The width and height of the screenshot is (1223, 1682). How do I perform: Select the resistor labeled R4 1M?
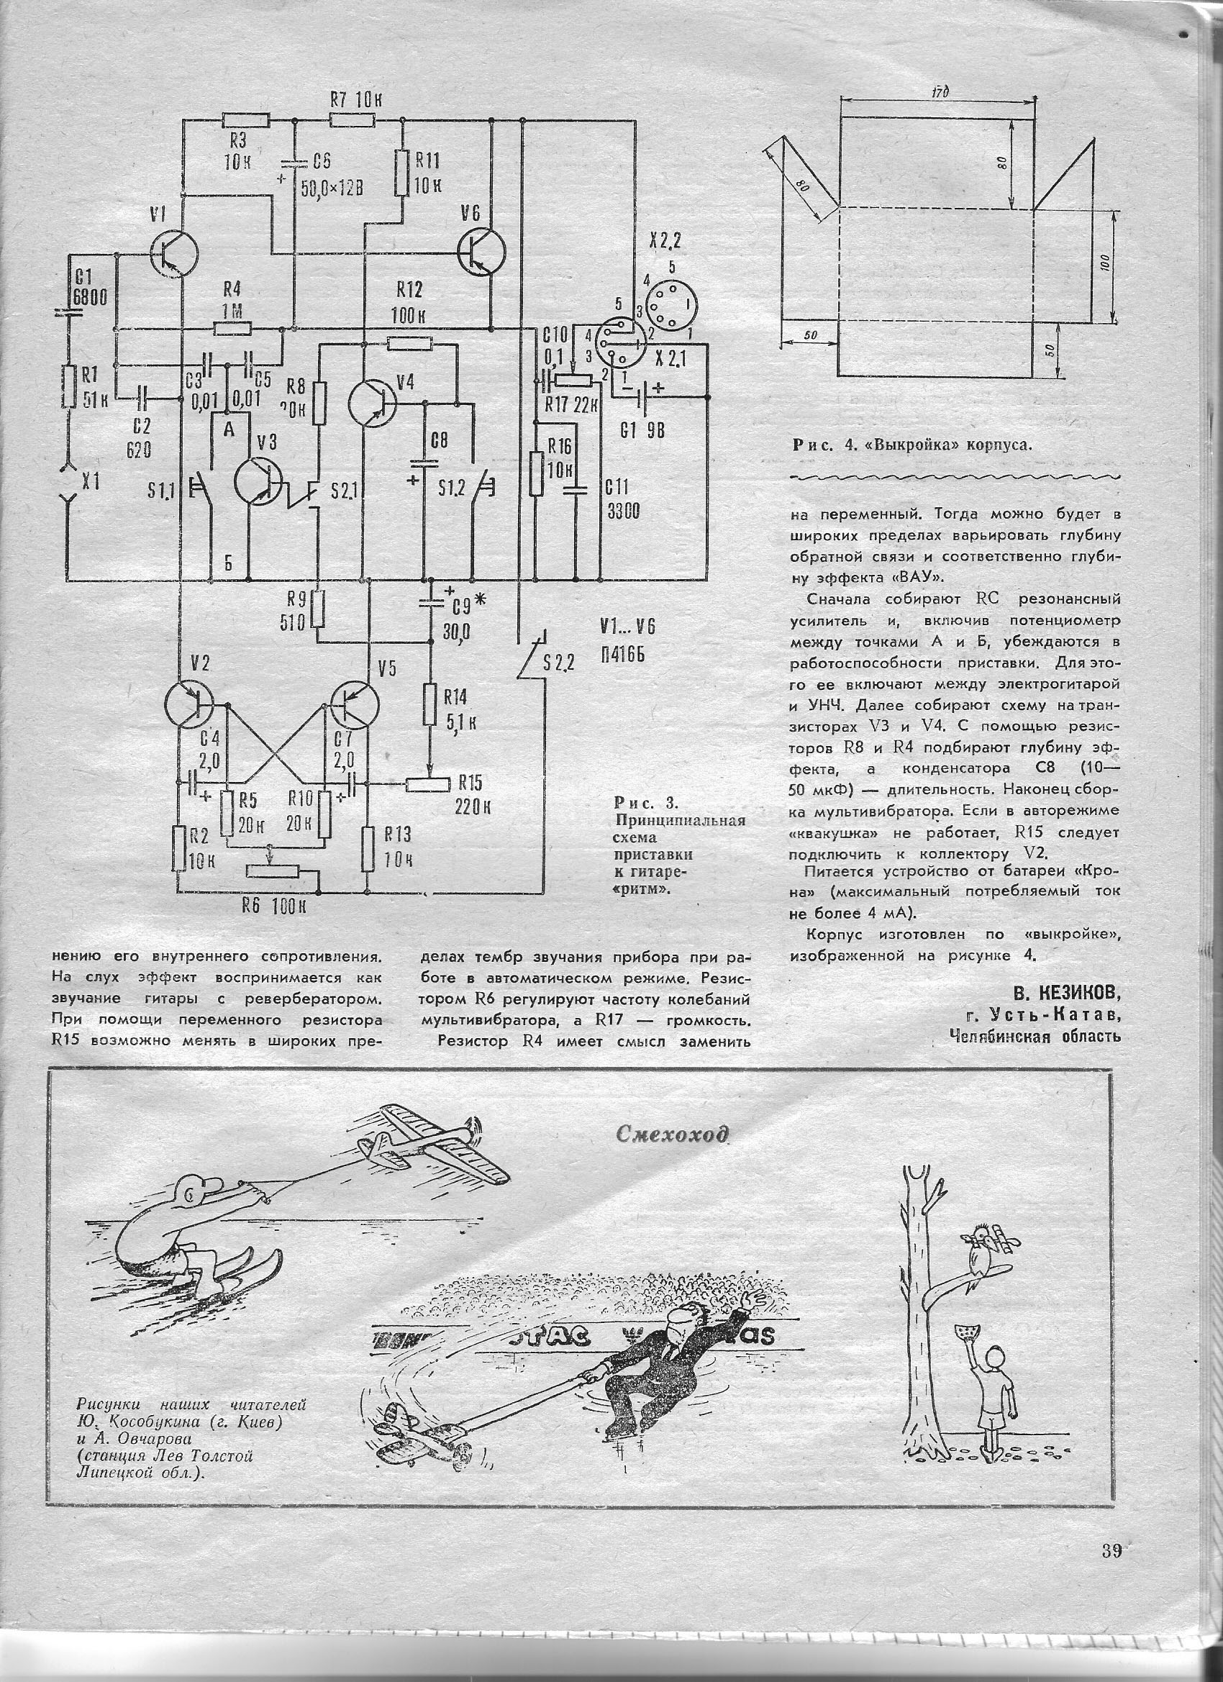(233, 328)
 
